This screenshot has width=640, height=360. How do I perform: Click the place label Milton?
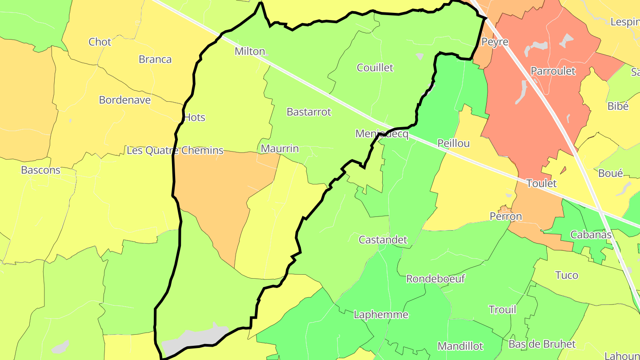(x=250, y=52)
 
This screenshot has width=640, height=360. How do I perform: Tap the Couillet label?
(x=375, y=68)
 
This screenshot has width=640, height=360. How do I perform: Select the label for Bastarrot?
(x=309, y=112)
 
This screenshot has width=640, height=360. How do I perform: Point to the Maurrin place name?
(x=280, y=148)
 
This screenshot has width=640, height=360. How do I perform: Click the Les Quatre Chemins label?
(x=175, y=151)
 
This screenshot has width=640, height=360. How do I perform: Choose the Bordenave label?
(x=125, y=100)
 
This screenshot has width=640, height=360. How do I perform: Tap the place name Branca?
(x=155, y=60)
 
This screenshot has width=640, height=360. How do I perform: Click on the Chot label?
(x=100, y=42)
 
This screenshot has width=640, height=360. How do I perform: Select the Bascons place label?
(x=40, y=170)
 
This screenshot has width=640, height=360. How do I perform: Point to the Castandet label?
(x=383, y=240)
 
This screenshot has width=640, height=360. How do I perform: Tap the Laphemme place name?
(x=381, y=315)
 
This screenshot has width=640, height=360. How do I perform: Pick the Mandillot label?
(x=460, y=346)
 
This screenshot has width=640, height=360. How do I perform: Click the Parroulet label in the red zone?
(x=553, y=71)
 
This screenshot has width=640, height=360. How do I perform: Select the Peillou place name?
(x=453, y=143)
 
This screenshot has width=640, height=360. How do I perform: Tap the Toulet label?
(x=541, y=183)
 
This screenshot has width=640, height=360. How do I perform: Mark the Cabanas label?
(x=591, y=235)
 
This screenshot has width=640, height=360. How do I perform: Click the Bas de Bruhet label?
(x=542, y=344)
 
